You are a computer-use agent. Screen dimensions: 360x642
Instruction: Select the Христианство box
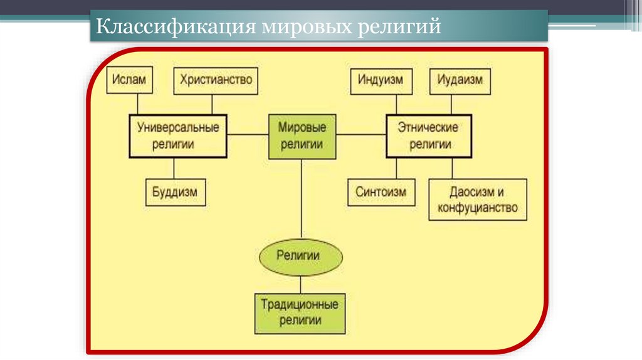tap(216, 80)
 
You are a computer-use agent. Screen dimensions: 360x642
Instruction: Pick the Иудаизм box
tap(460, 80)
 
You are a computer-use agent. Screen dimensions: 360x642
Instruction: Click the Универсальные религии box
tap(178, 135)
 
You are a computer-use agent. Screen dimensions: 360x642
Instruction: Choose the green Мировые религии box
tap(302, 135)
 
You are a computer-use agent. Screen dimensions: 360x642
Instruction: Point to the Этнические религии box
tap(428, 135)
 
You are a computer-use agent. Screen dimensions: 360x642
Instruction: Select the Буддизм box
tap(175, 193)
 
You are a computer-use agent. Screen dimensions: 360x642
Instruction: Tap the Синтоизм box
tap(381, 192)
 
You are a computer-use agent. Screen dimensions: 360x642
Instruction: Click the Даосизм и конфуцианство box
tap(477, 199)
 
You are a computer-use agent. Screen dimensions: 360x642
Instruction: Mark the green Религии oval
tap(302, 255)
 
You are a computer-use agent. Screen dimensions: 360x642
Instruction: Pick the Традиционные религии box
tap(300, 312)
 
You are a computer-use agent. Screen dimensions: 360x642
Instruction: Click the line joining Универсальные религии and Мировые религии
tap(248, 134)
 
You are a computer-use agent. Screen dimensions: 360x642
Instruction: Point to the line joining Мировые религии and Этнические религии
tap(360, 134)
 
